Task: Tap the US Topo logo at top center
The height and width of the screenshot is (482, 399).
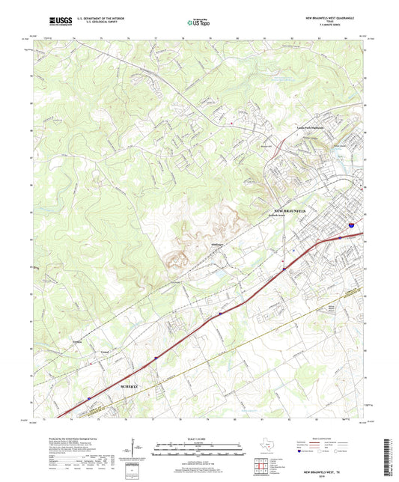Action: pos(198,24)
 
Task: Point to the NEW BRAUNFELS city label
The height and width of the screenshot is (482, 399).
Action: pos(296,211)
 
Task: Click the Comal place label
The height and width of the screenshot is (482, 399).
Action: pos(106,351)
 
